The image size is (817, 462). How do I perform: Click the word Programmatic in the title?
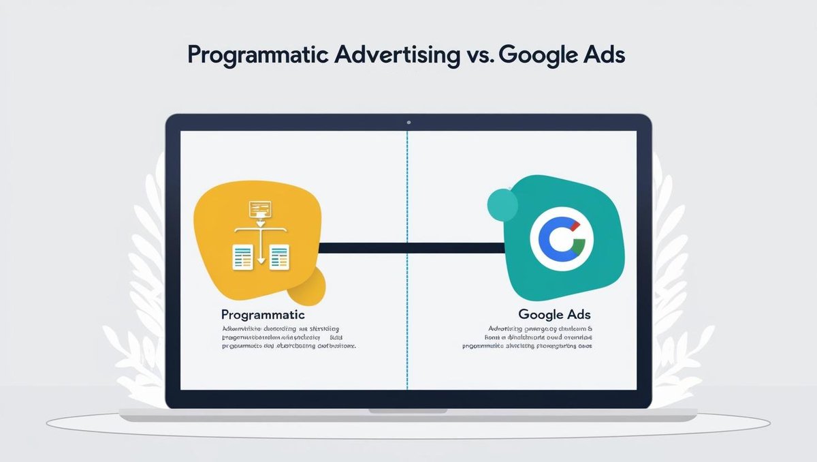pos(256,56)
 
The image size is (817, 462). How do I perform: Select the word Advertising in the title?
pos(397,55)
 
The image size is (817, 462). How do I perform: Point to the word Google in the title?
pos(537,56)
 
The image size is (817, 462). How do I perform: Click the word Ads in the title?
pos(602,55)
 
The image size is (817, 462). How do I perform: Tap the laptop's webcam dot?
pos(408,123)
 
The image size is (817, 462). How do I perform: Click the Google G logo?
pos(562,240)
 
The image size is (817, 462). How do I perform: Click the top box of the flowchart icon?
pos(260,208)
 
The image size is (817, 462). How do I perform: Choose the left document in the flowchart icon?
pos(243,257)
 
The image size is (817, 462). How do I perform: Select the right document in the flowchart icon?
pos(278,257)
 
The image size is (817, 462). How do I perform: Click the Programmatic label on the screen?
pos(263,315)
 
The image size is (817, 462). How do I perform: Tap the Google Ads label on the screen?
pos(554,315)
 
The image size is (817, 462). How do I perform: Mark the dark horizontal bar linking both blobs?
pos(408,247)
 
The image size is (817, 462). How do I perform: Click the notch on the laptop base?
pos(408,410)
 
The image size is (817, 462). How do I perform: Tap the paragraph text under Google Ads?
pos(526,337)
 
